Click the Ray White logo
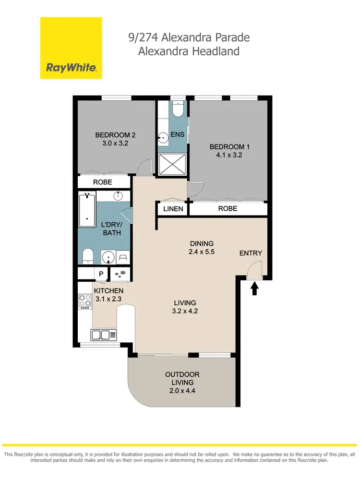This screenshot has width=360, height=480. [x=71, y=48]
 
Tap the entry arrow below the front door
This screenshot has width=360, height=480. [x=254, y=288]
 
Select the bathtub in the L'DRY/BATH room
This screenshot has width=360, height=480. [x=87, y=209]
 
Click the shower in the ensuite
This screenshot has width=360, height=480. [x=171, y=164]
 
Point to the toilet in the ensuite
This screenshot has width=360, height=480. [x=178, y=110]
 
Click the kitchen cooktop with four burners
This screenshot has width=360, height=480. [x=85, y=301]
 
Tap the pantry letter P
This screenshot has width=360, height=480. [x=101, y=274]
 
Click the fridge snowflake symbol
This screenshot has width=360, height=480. [x=119, y=274]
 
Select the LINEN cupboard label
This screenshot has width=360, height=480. [x=173, y=209]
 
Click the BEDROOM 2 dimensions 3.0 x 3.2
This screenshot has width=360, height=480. [x=112, y=143]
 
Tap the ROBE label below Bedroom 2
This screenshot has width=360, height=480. [x=102, y=182]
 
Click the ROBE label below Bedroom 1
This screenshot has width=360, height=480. [x=227, y=209]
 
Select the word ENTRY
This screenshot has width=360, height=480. [x=251, y=253]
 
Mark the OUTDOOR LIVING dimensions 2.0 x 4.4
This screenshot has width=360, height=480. [x=182, y=391]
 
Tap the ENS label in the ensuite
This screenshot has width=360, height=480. [x=178, y=135]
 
